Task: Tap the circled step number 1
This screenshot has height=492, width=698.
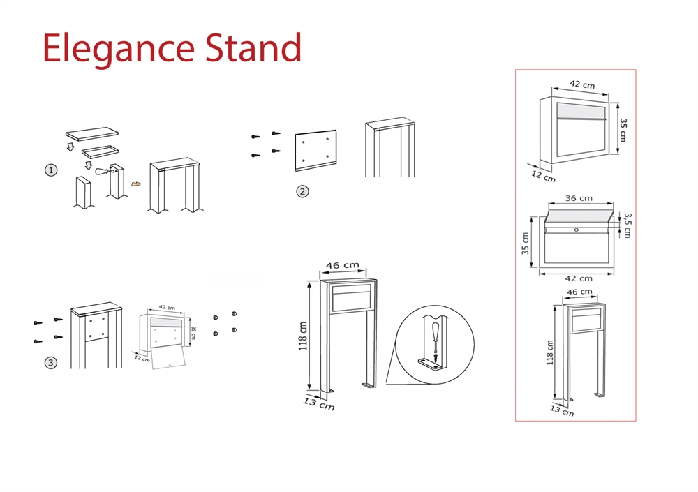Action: [x=51, y=170]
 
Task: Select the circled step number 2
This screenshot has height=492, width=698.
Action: [x=302, y=191]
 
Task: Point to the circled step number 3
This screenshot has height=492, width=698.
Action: [x=51, y=362]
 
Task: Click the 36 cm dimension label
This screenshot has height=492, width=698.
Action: [x=578, y=199]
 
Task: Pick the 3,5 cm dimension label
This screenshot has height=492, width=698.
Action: [x=627, y=225]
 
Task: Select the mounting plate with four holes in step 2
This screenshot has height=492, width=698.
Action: [x=315, y=151]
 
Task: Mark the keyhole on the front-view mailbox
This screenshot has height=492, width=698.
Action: [x=577, y=230]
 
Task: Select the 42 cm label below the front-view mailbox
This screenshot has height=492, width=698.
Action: [x=578, y=278]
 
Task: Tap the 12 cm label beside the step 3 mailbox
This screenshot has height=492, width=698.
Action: [x=142, y=359]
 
